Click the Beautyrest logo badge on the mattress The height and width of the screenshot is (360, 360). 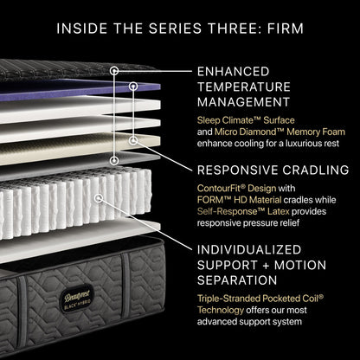(x=75, y=300)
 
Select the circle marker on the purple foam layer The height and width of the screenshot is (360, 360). (x=133, y=86)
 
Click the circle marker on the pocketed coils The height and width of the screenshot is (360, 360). (x=99, y=198)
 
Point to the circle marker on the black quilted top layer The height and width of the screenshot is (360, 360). (x=114, y=71)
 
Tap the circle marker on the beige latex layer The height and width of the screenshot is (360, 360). (x=133, y=140)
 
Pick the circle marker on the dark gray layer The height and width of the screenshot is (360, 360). (x=114, y=160)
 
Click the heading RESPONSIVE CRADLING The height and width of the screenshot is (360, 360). (x=273, y=170)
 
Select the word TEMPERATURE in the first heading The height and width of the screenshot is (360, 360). (x=244, y=87)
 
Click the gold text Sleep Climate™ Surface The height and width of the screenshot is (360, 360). (x=246, y=120)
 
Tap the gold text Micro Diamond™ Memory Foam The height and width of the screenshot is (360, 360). (x=280, y=132)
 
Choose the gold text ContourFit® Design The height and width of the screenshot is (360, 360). (x=236, y=189)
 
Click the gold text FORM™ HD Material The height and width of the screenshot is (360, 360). (x=239, y=200)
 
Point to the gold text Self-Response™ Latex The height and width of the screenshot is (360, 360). (x=243, y=211)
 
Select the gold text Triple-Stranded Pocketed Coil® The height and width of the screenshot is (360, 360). (x=260, y=299)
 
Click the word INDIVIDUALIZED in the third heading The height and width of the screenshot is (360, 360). (x=249, y=250)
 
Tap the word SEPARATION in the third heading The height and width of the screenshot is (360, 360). (x=237, y=280)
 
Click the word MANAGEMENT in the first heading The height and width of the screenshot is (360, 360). (x=243, y=102)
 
